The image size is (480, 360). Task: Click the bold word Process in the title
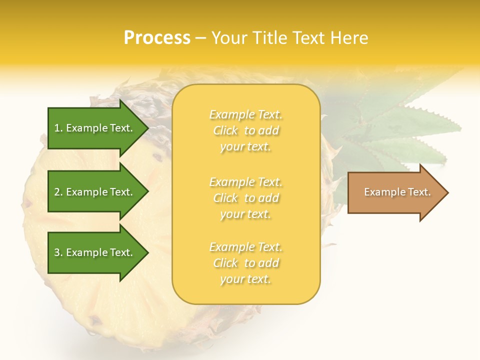157,37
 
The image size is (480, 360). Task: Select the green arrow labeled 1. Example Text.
95,128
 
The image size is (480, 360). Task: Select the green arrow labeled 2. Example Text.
95,192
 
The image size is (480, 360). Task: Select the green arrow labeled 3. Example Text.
95,252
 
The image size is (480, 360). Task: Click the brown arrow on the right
395,192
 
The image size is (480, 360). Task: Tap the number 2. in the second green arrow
58,192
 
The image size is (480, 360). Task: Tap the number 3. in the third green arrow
58,252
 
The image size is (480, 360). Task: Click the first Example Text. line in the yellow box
245,114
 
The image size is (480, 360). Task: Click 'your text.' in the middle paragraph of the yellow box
245,214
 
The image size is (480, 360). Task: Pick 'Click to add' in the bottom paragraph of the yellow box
245,263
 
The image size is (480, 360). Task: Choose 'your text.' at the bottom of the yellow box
245,279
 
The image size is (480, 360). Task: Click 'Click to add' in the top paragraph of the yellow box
245,130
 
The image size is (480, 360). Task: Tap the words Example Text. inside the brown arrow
397,192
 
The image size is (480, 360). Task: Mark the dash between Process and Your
200,38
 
